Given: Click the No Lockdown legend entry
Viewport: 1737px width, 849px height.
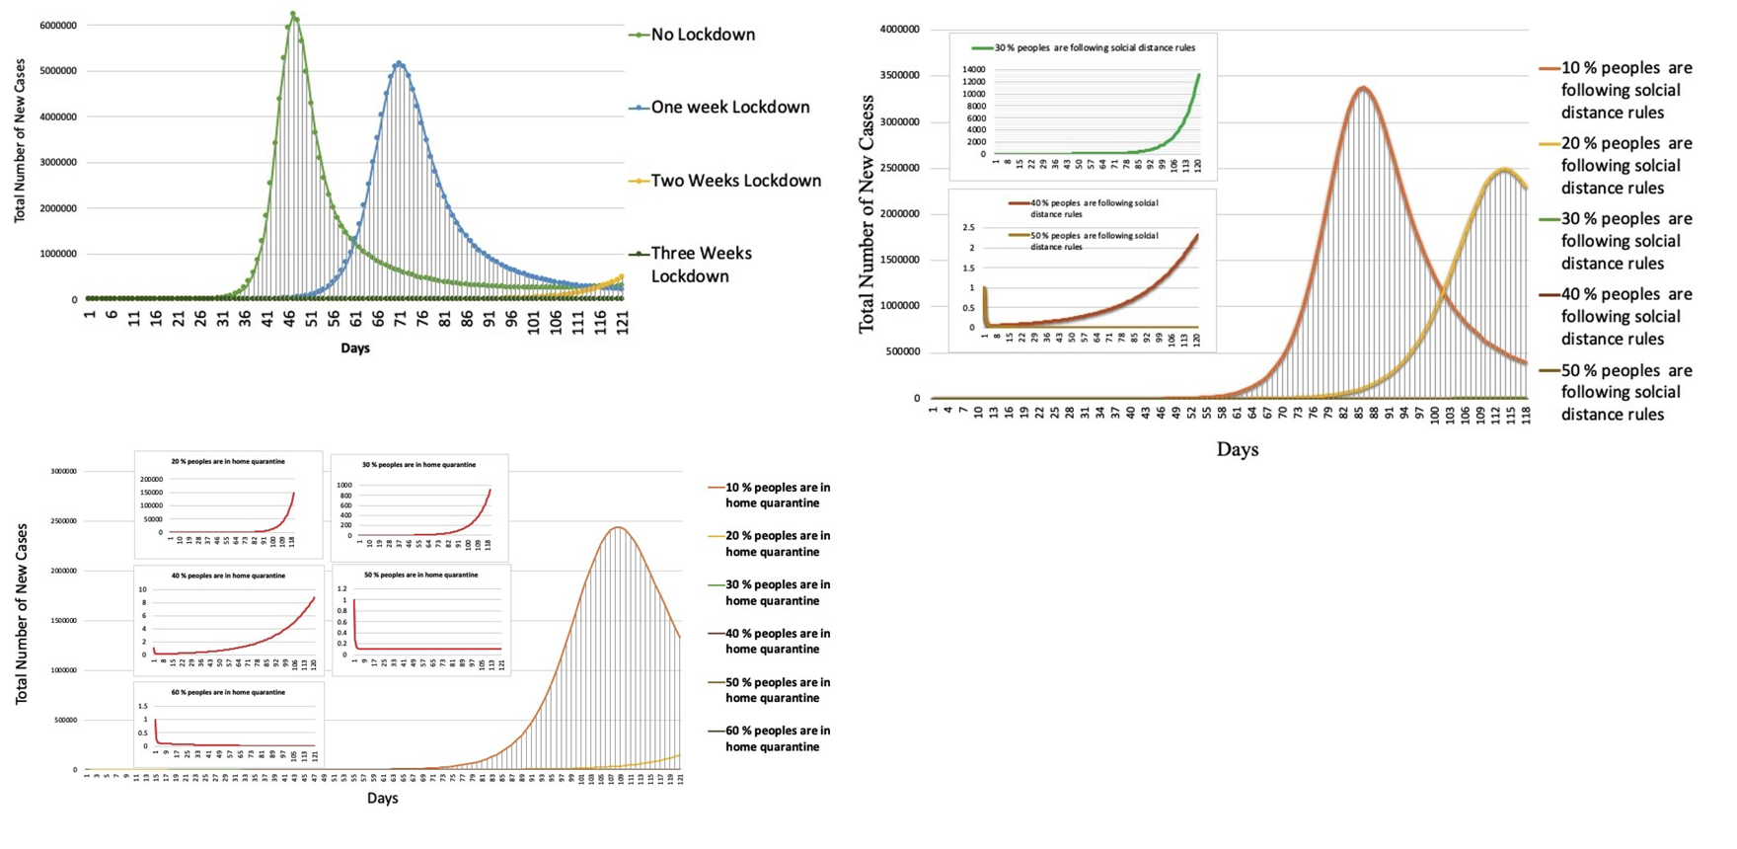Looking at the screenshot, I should pos(703,35).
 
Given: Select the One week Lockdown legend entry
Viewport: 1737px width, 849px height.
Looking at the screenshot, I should pos(729,108).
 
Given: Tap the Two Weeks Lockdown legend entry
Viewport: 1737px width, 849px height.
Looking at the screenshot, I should pos(735,181).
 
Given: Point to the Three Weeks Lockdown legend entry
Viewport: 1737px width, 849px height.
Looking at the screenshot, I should pos(701,265).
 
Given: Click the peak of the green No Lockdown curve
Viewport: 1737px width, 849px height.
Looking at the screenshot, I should pos(293,14).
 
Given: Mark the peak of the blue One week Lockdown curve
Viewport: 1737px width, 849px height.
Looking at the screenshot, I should pos(399,63).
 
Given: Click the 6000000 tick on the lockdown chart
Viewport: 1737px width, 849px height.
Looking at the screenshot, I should pos(58,26).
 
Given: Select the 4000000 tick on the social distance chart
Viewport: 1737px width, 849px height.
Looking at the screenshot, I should pos(899,30).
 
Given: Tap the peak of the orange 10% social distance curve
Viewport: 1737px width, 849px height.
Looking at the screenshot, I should pos(1363,88).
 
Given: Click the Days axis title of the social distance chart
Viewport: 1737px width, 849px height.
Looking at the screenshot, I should pos(1237,449).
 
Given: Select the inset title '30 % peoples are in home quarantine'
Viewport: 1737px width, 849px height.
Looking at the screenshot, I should pos(418,465).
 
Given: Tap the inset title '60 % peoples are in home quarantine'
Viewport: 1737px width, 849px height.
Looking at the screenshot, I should pos(228,692).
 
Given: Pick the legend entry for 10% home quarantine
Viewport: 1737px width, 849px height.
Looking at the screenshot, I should pos(777,496).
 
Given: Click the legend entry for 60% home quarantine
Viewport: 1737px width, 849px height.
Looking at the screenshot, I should pos(777,738).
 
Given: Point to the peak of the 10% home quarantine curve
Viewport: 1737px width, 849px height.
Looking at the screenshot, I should pos(618,527).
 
